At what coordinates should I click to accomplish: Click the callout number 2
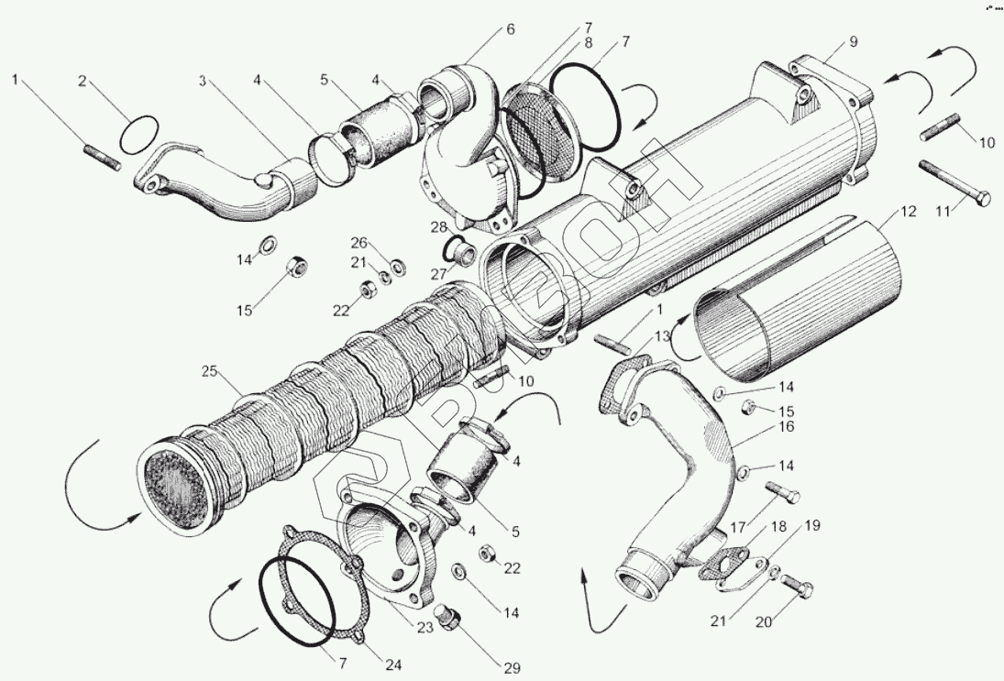click(x=83, y=82)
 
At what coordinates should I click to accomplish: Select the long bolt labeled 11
click(x=954, y=183)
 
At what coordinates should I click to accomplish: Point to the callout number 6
click(x=510, y=29)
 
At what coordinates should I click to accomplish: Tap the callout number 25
click(x=210, y=371)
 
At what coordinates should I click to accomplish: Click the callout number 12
click(x=908, y=212)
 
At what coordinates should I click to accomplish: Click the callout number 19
click(x=811, y=525)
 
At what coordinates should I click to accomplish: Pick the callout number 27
click(x=438, y=274)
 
